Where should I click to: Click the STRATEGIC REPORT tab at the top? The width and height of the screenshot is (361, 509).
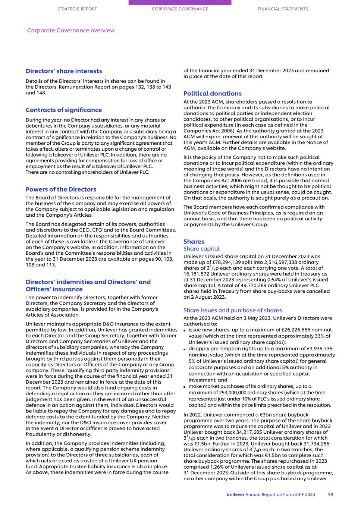[x=77, y=9]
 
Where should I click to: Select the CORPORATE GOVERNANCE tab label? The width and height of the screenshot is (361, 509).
[x=180, y=9]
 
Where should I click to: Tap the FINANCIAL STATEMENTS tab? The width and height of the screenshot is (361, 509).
[x=283, y=9]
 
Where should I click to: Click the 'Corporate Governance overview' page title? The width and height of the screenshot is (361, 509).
[x=71, y=31]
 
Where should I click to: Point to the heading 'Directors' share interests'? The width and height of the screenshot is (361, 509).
[x=64, y=71]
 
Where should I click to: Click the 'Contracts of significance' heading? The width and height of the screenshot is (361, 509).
[x=64, y=110]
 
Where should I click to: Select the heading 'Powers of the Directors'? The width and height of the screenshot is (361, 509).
[x=61, y=189]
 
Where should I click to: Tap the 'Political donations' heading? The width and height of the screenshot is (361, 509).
[x=213, y=94]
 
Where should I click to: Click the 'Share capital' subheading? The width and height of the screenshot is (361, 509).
[x=201, y=249]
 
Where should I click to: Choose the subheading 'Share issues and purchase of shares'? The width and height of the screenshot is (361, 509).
[x=233, y=310]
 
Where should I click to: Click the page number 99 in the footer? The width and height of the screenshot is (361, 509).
[x=330, y=494]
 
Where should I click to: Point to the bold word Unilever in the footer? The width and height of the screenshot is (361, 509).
[x=235, y=494]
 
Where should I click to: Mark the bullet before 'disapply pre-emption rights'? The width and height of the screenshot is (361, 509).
[x=185, y=349]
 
